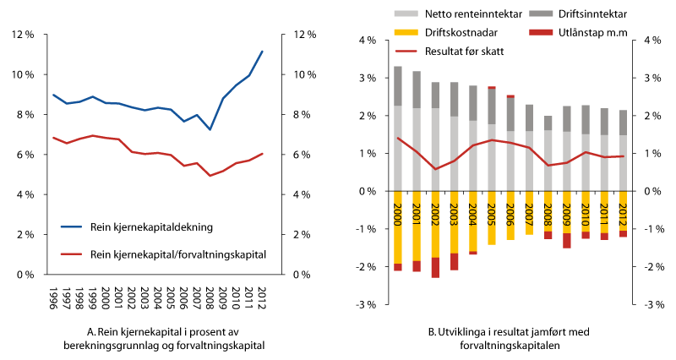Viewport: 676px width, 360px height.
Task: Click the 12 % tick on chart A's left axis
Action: tap(21, 35)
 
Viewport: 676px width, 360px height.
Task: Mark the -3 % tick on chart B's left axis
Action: tap(365, 304)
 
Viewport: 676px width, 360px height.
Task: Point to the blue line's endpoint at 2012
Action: tap(263, 52)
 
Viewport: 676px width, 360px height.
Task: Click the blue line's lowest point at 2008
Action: tap(210, 129)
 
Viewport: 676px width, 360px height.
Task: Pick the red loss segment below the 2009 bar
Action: tap(567, 241)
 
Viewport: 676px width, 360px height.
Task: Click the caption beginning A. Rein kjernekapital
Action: tap(156, 338)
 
